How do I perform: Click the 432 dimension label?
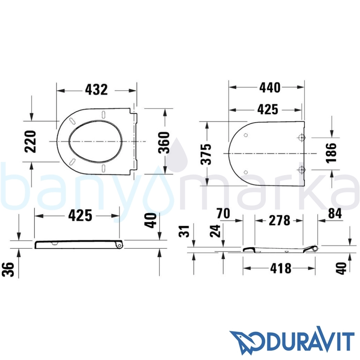click(96, 90)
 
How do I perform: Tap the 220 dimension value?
click(30, 141)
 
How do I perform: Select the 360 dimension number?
click(164, 143)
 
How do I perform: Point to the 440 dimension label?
click(270, 87)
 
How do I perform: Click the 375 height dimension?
click(206, 154)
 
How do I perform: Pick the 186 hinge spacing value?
click(331, 153)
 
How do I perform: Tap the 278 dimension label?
click(279, 220)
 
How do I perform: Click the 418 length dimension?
click(281, 268)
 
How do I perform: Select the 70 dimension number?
click(223, 213)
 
